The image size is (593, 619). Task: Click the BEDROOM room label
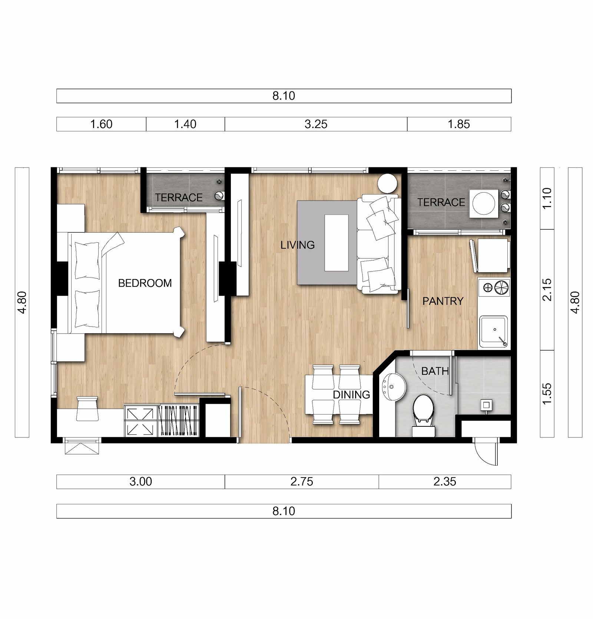[x=145, y=283]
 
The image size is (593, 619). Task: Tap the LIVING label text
[x=298, y=245]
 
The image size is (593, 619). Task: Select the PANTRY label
[x=443, y=301]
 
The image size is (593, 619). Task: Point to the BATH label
[x=435, y=371]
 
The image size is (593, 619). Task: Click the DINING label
[x=351, y=394]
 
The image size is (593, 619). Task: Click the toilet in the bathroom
[x=423, y=414]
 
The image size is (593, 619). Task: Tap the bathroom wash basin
[x=393, y=387]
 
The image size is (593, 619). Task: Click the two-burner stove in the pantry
[x=494, y=287]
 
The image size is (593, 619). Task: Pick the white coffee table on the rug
[x=337, y=243]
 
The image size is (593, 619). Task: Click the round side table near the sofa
[x=387, y=183]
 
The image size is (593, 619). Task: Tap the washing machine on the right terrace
[x=484, y=203]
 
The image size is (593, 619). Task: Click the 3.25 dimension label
[x=316, y=124]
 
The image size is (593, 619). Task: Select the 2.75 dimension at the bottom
[x=302, y=482]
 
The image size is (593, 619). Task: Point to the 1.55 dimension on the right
[x=547, y=394]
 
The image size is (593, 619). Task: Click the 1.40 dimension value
[x=185, y=124]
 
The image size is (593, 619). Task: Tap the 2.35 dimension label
[x=445, y=482]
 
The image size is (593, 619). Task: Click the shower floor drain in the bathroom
[x=486, y=404]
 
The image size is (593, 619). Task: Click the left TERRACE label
[x=179, y=197]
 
